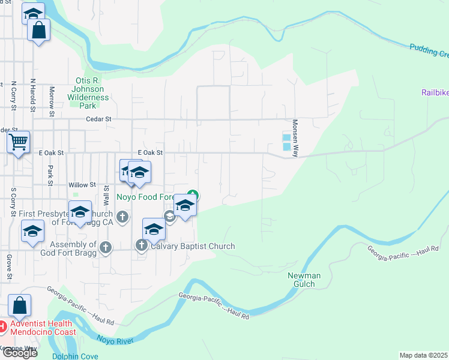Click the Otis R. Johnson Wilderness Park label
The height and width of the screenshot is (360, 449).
[88, 89]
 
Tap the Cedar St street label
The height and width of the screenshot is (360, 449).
[100, 119]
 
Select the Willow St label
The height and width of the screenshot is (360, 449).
[82, 185]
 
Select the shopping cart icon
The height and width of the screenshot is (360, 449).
[18, 143]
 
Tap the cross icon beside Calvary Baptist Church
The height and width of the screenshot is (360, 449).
[142, 245]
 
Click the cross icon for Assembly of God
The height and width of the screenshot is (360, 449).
[106, 247]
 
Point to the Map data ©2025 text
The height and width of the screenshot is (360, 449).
[424, 355]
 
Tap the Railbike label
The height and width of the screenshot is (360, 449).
[434, 92]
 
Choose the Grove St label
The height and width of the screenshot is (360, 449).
[10, 268]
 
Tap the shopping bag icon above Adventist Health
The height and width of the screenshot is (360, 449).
[19, 306]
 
